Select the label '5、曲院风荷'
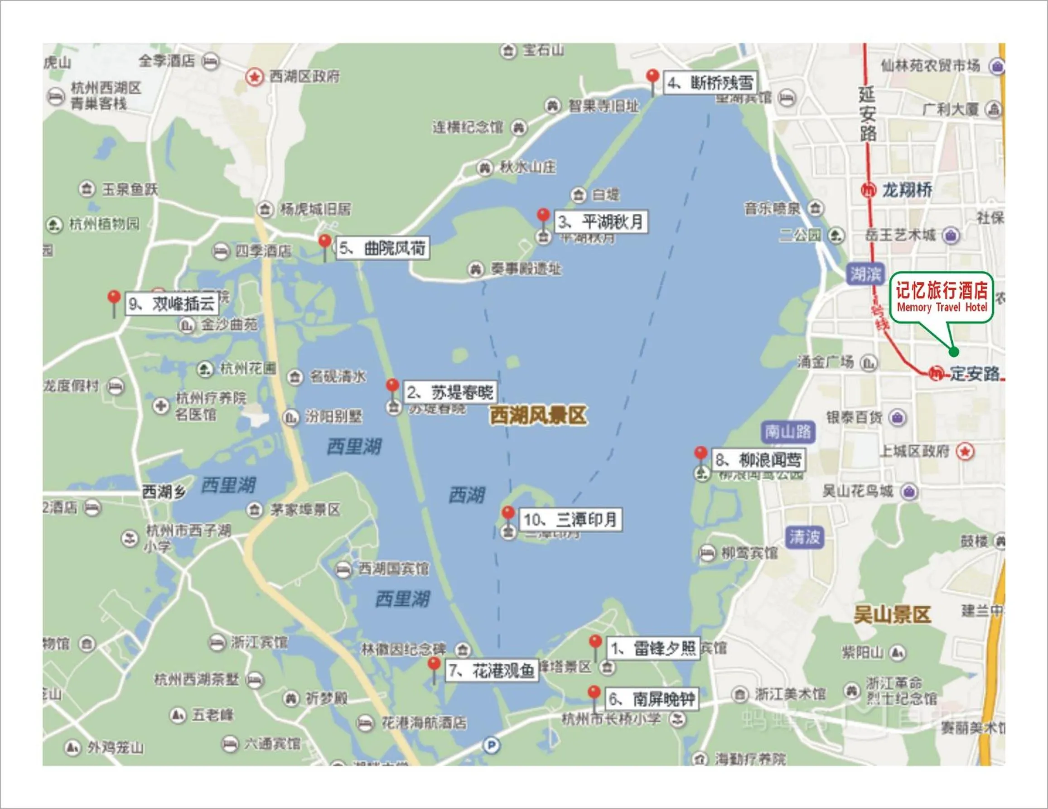pos(382,249)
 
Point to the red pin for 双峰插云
pos(114,298)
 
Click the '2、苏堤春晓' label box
pos(449,393)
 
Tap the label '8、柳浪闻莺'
pos(758,460)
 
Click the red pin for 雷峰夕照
pos(595,642)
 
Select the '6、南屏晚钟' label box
pos(651,699)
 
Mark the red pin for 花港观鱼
pos(434,665)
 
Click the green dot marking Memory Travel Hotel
pos(954,352)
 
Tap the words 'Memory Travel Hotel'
pos(942,308)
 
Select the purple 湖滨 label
pos(864,274)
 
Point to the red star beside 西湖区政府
pos(254,77)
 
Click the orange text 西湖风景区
pos(538,415)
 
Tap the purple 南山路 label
pos(788,432)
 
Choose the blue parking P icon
pos(491,746)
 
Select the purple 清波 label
pos(804,537)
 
